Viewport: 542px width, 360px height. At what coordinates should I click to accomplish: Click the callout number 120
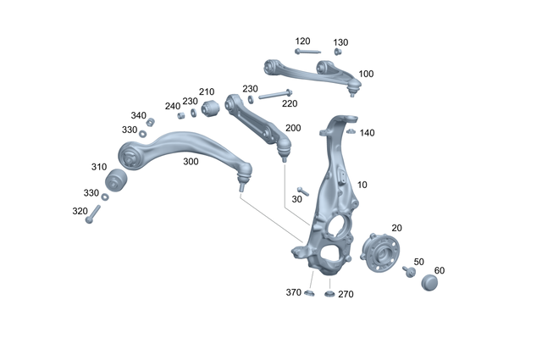coord(302,41)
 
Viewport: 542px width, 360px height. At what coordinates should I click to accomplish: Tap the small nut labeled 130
coord(336,52)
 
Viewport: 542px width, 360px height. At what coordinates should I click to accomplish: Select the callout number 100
coord(366,75)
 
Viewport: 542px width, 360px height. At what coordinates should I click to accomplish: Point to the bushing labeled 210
coord(211,107)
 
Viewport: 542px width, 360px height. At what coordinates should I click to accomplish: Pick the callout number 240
coord(173,106)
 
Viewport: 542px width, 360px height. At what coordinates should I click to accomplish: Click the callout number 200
coord(293,128)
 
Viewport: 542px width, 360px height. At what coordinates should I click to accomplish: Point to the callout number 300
coord(191,161)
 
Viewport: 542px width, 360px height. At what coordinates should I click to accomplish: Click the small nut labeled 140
coord(351,131)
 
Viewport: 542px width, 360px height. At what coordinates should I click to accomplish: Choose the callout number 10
coord(362,184)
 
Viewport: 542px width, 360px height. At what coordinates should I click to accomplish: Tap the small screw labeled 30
coord(301,192)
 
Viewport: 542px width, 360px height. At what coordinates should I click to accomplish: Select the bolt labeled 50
coord(410,271)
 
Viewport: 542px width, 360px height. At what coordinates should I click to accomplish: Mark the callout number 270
coord(346,294)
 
